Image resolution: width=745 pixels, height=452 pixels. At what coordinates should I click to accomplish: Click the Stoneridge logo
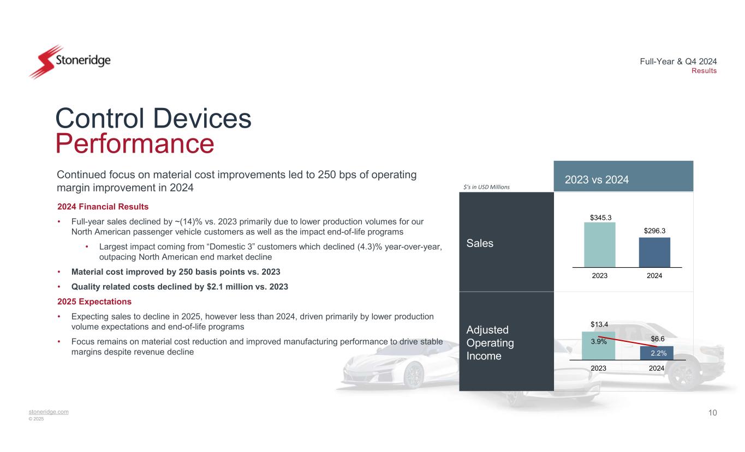click(70, 62)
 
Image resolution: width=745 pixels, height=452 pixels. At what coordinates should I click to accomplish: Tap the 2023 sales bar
click(600, 245)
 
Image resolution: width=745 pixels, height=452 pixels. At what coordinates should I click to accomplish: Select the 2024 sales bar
click(654, 252)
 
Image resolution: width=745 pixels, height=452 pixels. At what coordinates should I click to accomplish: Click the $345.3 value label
click(601, 218)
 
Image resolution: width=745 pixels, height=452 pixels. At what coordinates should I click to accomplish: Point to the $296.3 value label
click(654, 231)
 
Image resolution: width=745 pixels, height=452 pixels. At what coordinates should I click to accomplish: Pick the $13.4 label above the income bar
click(599, 324)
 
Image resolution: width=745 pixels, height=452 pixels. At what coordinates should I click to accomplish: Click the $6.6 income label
click(658, 339)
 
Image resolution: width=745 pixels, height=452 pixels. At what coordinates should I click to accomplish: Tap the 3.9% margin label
click(599, 342)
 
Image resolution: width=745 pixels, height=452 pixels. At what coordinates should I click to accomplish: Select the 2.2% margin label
click(659, 353)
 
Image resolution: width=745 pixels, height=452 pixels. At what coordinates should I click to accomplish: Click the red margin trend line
click(628, 342)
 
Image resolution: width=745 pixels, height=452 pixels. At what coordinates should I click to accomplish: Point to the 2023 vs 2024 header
click(597, 180)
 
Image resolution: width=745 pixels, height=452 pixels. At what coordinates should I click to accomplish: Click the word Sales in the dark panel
click(480, 243)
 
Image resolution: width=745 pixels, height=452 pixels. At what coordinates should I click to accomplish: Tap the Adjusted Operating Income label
click(490, 342)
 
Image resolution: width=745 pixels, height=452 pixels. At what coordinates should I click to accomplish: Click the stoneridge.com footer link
click(49, 412)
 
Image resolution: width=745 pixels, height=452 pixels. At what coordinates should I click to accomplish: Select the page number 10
click(712, 413)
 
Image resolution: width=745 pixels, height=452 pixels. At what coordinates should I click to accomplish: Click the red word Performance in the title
click(135, 143)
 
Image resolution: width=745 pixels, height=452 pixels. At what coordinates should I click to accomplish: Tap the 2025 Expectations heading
click(94, 302)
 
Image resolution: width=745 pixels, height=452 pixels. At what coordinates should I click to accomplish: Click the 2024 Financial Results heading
click(103, 207)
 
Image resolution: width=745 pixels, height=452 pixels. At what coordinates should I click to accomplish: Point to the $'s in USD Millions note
click(486, 187)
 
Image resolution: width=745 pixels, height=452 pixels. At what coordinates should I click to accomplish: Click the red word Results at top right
click(704, 71)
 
